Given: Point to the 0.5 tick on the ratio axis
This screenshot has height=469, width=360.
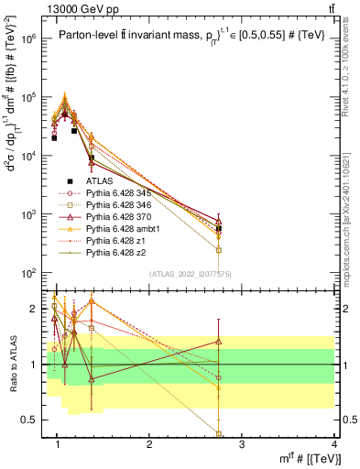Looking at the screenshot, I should pos(35,420).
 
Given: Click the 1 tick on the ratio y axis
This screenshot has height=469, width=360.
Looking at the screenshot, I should pos(38,365).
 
